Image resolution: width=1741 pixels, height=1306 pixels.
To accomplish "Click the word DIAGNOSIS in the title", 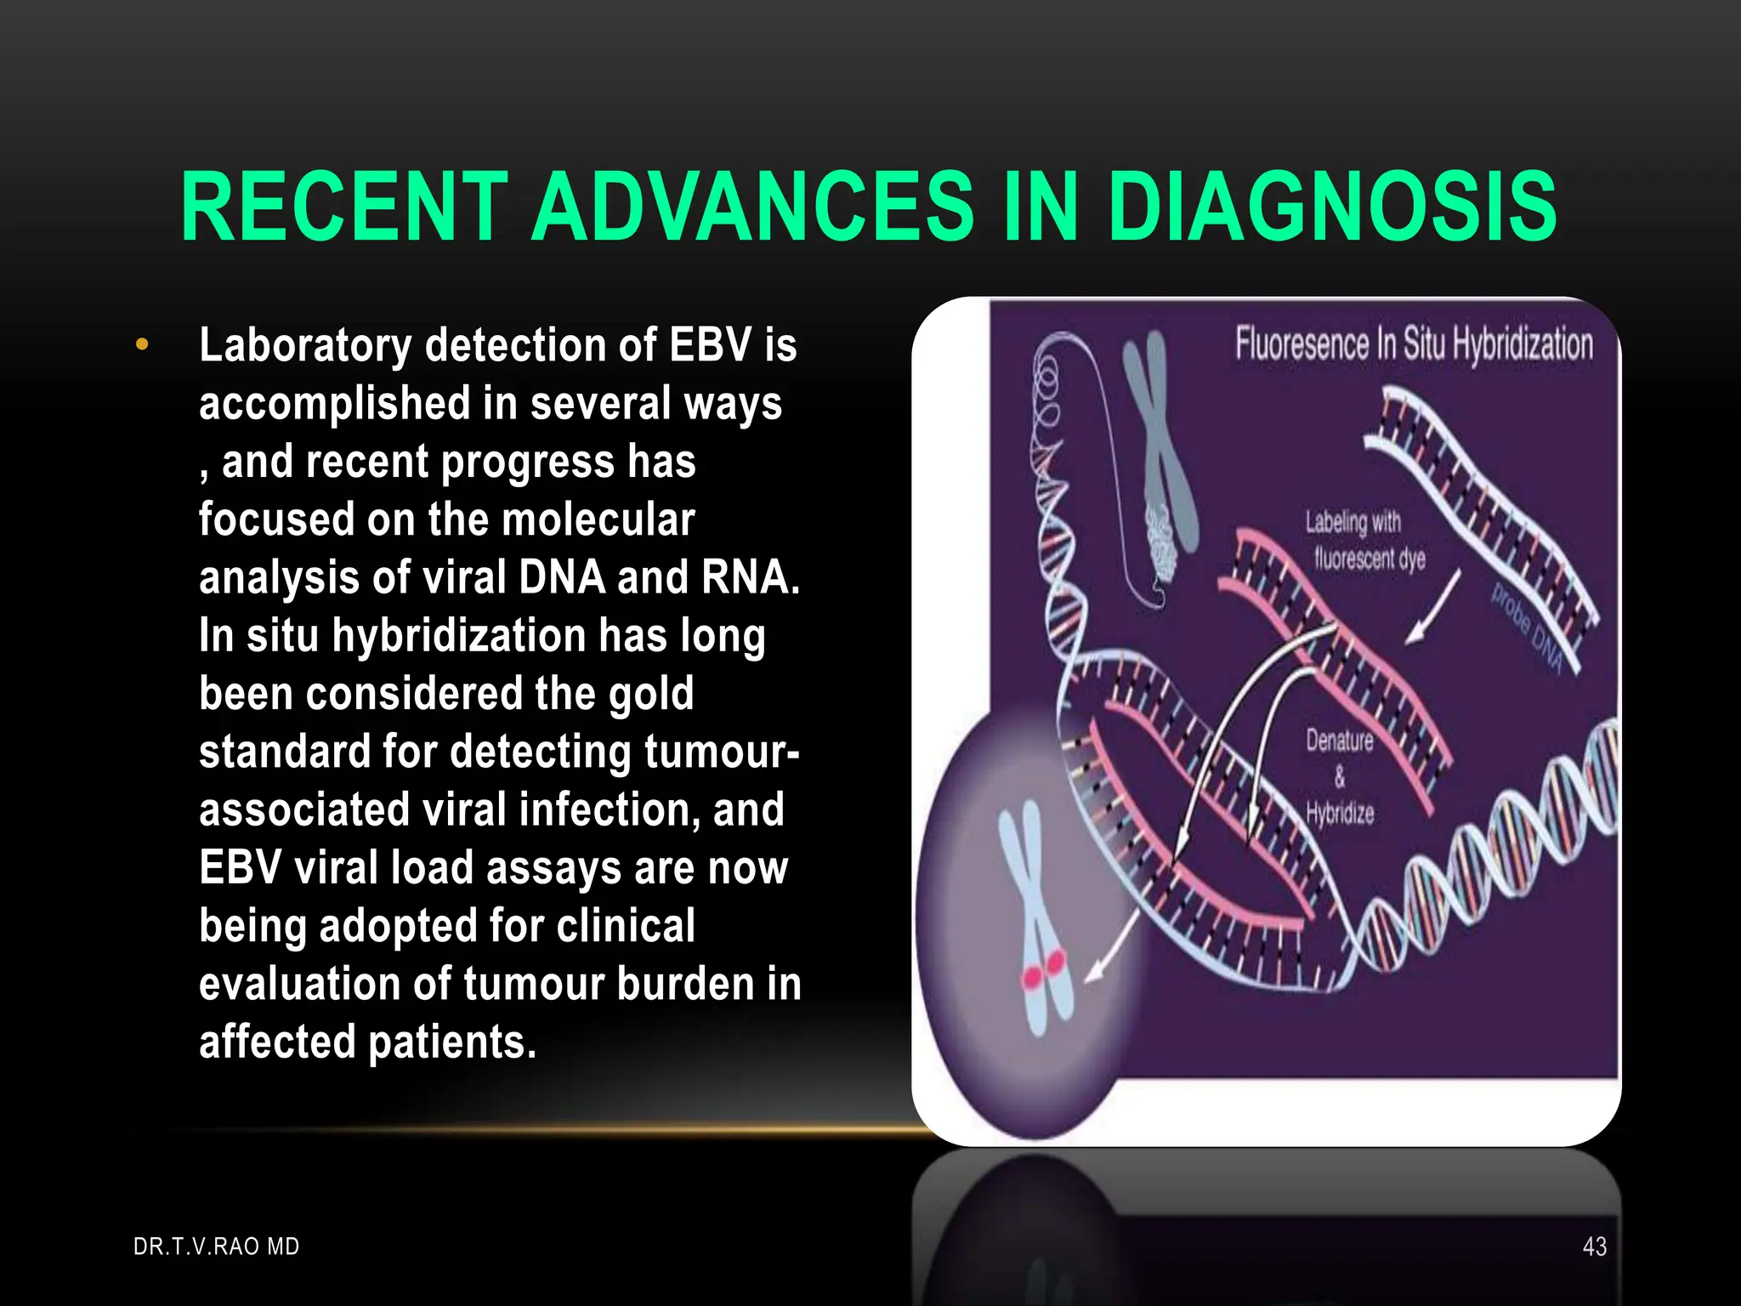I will coord(1333,207).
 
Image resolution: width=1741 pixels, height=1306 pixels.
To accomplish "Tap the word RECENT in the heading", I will coord(344,207).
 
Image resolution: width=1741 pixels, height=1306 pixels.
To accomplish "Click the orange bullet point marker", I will coord(142,345).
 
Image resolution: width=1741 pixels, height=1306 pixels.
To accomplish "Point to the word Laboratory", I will coord(305,347).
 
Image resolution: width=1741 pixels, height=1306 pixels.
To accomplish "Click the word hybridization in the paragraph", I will coord(458,636).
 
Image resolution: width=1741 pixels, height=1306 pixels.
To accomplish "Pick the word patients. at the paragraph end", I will coord(452,1042).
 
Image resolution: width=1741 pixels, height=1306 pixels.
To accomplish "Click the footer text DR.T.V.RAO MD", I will coord(217,1246).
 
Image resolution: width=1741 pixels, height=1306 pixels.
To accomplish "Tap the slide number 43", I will coord(1595,1246).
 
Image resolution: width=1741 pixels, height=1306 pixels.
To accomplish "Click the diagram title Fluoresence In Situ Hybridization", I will coord(1414,344).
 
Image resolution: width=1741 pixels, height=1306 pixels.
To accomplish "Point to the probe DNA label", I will coord(1528,627).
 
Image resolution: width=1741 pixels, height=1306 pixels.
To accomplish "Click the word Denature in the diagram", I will coord(1340,741).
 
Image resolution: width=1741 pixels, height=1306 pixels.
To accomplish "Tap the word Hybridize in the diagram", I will coord(1340,813).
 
